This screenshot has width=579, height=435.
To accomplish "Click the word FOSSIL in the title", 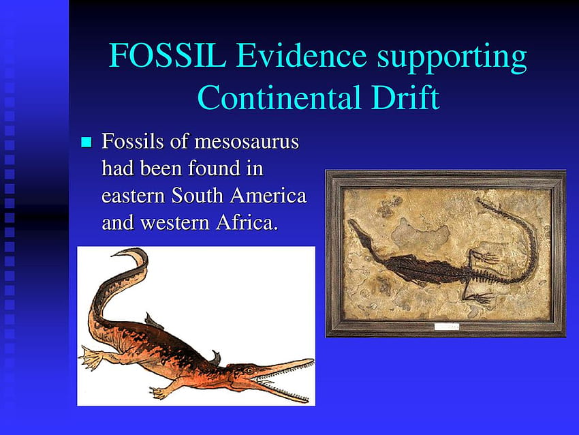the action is click(167, 55).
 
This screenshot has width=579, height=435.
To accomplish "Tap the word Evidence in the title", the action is click(301, 55).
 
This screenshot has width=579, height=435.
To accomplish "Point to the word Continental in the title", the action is click(279, 97).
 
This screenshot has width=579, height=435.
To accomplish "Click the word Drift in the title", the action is click(405, 97).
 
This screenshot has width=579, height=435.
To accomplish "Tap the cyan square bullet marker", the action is click(86, 142).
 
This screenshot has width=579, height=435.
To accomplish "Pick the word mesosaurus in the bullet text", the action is click(247, 142).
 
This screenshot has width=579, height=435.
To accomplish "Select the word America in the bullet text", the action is click(268, 195).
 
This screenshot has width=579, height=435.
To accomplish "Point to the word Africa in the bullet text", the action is click(247, 222).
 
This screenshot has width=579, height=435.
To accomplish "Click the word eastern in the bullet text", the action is click(134, 196).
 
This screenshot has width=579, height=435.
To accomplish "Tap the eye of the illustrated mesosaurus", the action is click(250, 370).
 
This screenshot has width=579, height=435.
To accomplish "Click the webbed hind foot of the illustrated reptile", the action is click(91, 357).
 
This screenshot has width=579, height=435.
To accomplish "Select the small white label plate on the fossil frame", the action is click(446, 327).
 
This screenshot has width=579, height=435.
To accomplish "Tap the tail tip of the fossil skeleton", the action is click(478, 201).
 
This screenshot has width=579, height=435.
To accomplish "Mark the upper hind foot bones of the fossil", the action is click(486, 257).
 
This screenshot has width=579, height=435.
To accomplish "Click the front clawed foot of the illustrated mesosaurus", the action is click(159, 393).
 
